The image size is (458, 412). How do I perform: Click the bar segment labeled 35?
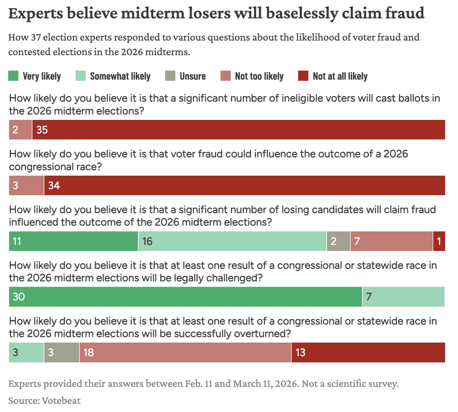[x=238, y=130]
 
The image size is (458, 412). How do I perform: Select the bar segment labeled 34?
[x=244, y=185]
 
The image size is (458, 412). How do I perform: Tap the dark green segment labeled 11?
[x=73, y=241]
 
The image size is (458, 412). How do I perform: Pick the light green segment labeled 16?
[x=232, y=241]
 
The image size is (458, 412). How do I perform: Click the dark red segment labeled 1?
[x=439, y=241]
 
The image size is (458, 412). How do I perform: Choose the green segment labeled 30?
[x=185, y=297]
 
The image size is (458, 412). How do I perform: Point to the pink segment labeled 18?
[x=185, y=353]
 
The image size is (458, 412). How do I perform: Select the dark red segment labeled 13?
[x=368, y=353]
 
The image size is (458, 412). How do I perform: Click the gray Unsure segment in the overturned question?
[x=62, y=353]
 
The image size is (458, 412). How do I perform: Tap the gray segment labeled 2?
[x=338, y=241]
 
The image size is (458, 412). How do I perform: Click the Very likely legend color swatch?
[x=13, y=76]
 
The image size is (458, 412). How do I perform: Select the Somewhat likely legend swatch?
[x=81, y=76]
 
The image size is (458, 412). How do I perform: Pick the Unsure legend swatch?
[x=170, y=76]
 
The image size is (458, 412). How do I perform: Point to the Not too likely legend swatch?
[x=225, y=76]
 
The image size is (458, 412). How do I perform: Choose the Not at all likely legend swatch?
[x=303, y=76]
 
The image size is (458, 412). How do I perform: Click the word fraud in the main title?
[x=404, y=13]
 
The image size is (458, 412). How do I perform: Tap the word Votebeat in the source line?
[x=61, y=400]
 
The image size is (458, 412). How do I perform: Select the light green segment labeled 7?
[x=403, y=297]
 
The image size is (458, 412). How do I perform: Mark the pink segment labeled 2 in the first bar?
[x=20, y=130]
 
